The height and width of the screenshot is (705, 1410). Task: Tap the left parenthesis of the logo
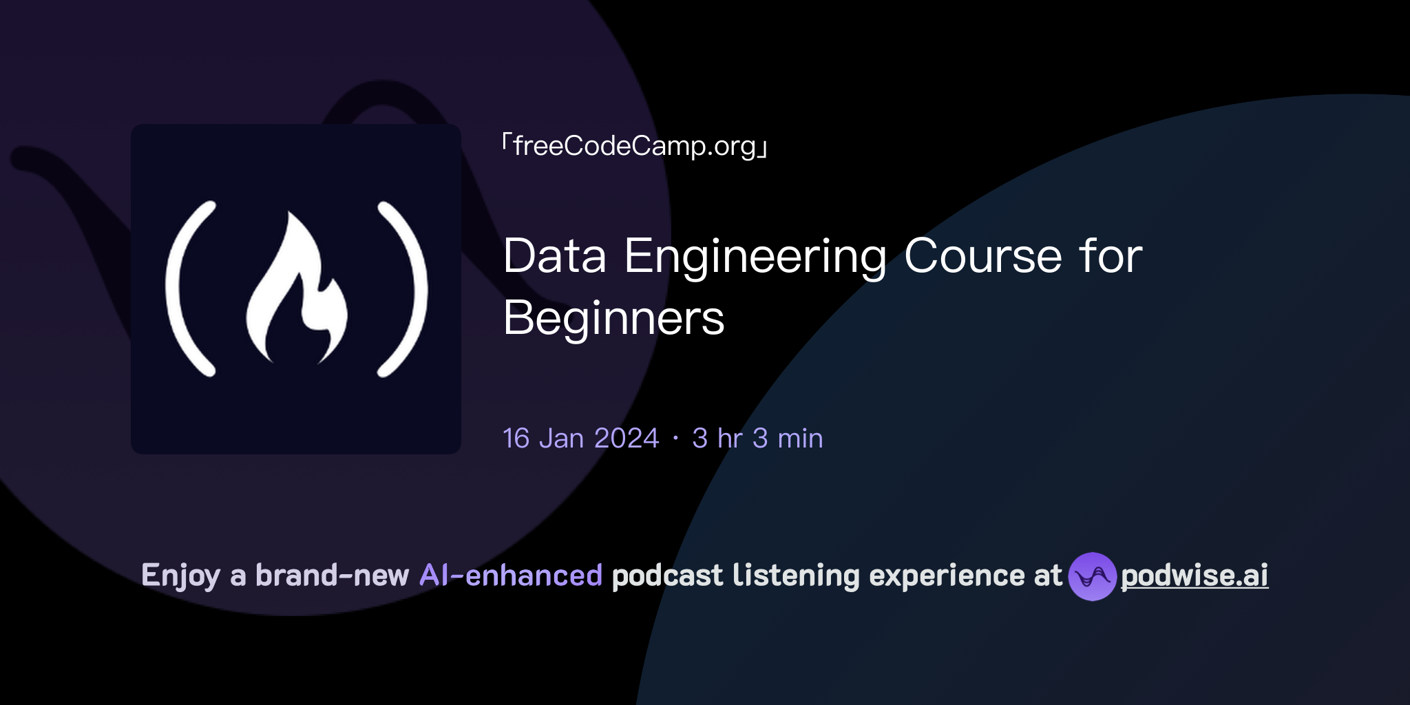(186, 289)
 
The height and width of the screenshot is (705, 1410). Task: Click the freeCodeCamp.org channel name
(634, 147)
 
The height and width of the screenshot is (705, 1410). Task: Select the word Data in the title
(555, 257)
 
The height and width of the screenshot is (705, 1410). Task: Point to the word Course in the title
(983, 257)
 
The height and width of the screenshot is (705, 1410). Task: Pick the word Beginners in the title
(613, 319)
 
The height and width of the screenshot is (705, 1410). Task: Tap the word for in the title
(1110, 257)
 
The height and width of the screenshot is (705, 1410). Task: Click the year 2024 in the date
(627, 439)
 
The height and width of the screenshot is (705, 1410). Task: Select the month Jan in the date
(561, 439)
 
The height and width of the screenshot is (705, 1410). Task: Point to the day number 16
(516, 439)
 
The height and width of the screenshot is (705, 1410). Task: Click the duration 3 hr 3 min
(757, 439)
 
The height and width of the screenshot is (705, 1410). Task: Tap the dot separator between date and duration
(675, 439)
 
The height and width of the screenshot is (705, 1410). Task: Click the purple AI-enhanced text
(511, 576)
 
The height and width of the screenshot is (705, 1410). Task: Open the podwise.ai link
(1195, 576)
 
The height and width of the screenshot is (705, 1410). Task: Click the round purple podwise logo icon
(1092, 576)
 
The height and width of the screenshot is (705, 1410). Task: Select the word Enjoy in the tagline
(180, 576)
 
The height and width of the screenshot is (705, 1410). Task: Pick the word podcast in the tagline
(667, 576)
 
